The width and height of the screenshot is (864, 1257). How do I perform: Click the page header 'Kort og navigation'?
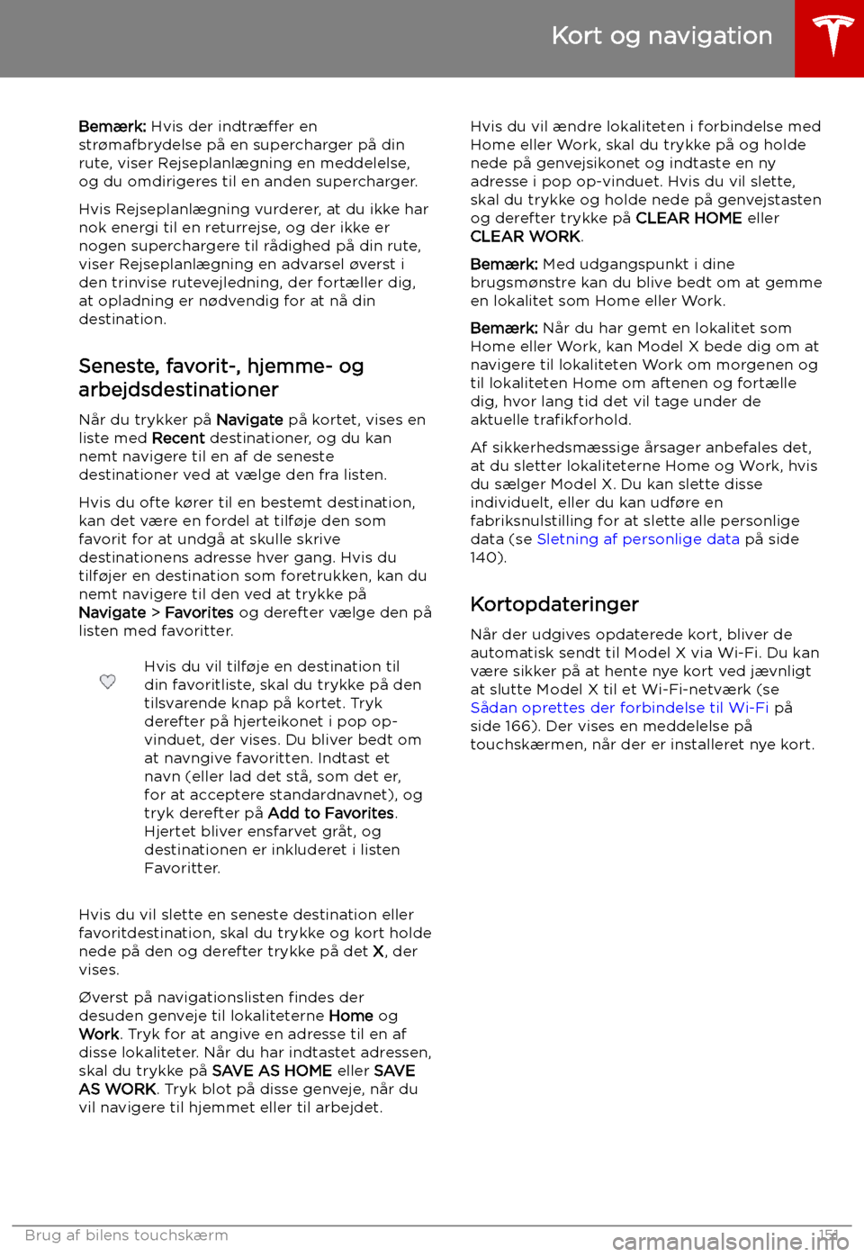tap(661, 36)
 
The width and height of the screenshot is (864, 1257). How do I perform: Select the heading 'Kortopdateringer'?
tap(554, 604)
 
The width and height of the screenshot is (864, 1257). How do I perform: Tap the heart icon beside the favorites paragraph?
tap(107, 682)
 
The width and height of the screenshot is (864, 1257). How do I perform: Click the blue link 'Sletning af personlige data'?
tap(638, 539)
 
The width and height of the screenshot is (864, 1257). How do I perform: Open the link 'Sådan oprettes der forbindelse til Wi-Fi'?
tap(619, 708)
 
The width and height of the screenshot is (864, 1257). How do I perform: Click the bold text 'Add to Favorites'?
tap(331, 813)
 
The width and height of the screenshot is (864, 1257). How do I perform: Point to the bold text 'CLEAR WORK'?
tap(526, 237)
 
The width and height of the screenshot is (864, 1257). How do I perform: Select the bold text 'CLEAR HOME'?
tap(688, 218)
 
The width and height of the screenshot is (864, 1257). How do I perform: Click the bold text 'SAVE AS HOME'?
tap(272, 1071)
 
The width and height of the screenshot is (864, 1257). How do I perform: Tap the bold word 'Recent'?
tap(178, 439)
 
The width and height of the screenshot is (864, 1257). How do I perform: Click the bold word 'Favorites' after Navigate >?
tap(199, 613)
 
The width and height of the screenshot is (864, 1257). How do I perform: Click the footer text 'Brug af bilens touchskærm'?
tap(127, 1235)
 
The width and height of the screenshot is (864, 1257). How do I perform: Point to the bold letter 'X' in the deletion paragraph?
tap(378, 952)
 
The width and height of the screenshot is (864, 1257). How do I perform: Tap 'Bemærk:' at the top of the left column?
tap(112, 127)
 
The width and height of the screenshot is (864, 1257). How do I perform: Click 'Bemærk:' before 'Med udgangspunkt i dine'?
tap(504, 265)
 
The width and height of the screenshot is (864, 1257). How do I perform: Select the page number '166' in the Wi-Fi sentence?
tap(521, 727)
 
